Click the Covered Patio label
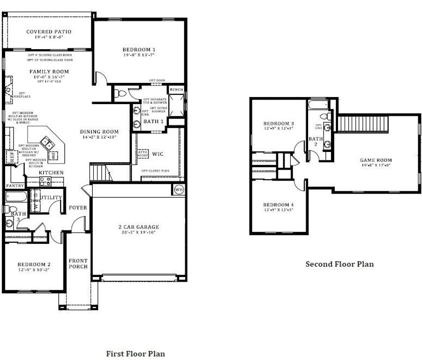pyautogui.click(x=49, y=32)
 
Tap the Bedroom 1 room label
pyautogui.click(x=139, y=49)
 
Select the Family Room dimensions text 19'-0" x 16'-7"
pyautogui.click(x=49, y=77)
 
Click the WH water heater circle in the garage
pyautogui.click(x=179, y=190)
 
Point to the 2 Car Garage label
pyautogui.click(x=138, y=226)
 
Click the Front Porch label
pyautogui.click(x=78, y=263)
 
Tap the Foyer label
pyautogui.click(x=78, y=207)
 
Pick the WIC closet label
pyautogui.click(x=157, y=154)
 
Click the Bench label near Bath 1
pyautogui.click(x=176, y=90)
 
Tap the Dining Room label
pyautogui.click(x=99, y=132)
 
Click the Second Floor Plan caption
pyautogui.click(x=339, y=264)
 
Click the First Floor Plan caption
pyautogui.click(x=136, y=353)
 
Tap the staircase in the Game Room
pyautogui.click(x=364, y=124)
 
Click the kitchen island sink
pyautogui.click(x=46, y=142)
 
